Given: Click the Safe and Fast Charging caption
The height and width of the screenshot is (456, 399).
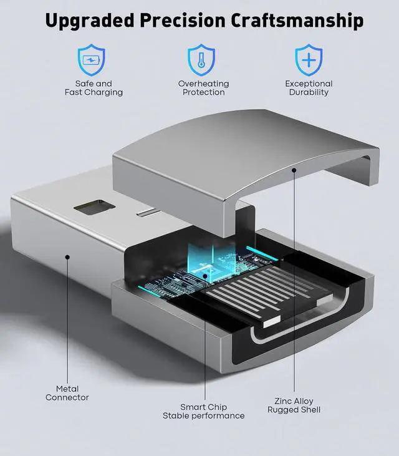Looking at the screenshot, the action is [x=94, y=88].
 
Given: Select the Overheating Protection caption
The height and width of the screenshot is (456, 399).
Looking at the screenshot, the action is [x=203, y=88].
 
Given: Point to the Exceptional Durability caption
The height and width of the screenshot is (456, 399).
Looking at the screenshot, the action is [x=309, y=88].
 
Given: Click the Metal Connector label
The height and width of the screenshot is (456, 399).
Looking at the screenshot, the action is [x=67, y=393].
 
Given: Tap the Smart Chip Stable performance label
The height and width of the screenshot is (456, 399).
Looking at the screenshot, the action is [x=203, y=411].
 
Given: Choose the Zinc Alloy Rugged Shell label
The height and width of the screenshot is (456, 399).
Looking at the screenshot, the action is [x=294, y=405].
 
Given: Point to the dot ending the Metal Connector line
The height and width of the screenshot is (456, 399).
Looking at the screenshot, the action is [x=67, y=255].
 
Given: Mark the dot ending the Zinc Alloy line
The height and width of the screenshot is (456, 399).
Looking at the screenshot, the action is [x=294, y=169].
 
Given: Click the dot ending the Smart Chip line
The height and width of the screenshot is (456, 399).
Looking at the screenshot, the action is [x=204, y=274].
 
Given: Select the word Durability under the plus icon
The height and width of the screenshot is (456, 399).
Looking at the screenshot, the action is [x=309, y=92].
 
